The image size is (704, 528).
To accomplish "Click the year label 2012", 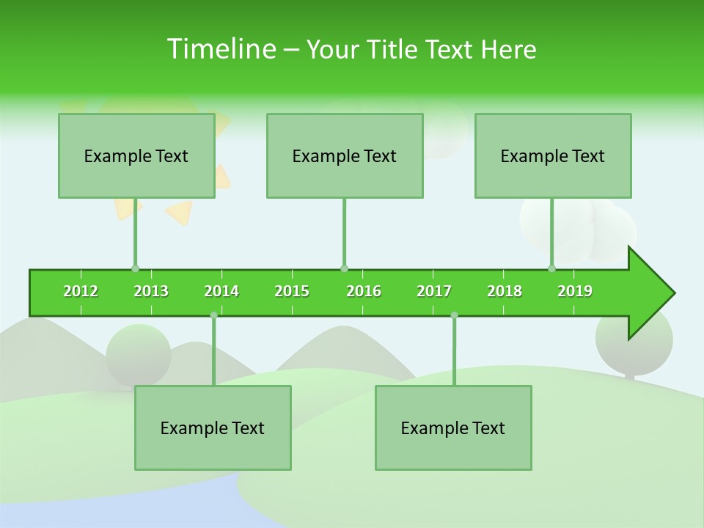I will tap(81, 291).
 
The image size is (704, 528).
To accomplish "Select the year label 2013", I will tap(151, 291).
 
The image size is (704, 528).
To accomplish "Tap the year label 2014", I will tap(221, 291).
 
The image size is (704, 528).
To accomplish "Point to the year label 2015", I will tap(292, 291).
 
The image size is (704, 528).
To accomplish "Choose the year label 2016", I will tap(364, 291).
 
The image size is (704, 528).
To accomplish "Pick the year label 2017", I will tap(434, 291).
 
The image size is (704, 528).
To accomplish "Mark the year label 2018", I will tap(505, 291).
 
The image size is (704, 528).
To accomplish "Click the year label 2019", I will tap(575, 291).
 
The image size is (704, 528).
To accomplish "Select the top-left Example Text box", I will tap(136, 156).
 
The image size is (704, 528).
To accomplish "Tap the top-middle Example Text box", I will tap(345, 156).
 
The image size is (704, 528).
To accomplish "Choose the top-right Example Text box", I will tap(553, 156).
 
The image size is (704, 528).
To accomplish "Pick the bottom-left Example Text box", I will tap(213, 428).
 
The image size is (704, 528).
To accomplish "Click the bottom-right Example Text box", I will tap(453, 428).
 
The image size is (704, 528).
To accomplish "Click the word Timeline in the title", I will tap(221, 49).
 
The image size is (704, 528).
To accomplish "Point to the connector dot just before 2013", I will tap(135, 268).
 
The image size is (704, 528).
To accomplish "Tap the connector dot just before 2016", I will tap(344, 268).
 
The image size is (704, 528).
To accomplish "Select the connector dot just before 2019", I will tap(551, 268).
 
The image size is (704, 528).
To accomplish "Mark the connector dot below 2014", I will tap(213, 315).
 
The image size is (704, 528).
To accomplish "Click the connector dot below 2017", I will tap(454, 315).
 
